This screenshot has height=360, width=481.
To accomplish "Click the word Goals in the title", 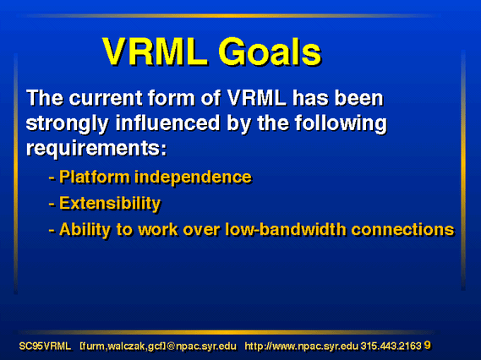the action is pos(270,52).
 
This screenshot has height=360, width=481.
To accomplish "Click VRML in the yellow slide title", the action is pos(155,52).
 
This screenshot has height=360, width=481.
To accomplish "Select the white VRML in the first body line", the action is pos(256,98).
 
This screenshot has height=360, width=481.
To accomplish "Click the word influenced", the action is pos(167,123).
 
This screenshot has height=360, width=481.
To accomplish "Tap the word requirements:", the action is pos(96,149).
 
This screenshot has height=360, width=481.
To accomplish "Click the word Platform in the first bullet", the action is pos(95,177).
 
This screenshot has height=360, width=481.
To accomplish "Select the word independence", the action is pos(193,177).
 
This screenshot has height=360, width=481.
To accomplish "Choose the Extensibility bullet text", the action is pos(110,204).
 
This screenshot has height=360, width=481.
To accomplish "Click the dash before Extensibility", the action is pos(52,204).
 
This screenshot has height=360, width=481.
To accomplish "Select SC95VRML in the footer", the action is pos(45,346).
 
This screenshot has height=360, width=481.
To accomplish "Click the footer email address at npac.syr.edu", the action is pos(158,346).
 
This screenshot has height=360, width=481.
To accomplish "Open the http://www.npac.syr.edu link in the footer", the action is pos(301,346).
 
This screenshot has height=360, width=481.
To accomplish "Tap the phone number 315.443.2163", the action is pos(391,346).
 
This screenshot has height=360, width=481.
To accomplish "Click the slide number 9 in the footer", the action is pos(427,346).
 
